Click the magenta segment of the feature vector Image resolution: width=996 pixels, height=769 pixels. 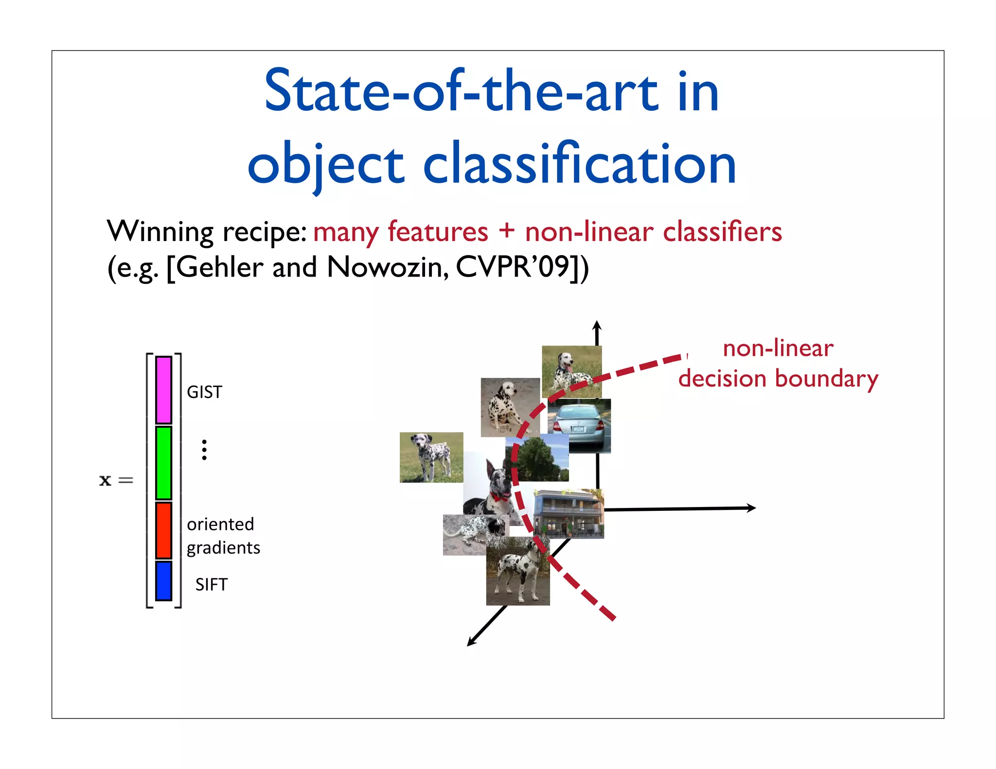(163, 390)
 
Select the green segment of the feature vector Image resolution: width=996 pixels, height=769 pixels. (163, 463)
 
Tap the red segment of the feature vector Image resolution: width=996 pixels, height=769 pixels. (163, 530)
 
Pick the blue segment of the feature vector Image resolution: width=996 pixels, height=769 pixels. (163, 581)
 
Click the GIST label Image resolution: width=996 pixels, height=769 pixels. (204, 392)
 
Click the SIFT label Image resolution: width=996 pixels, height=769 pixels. (211, 585)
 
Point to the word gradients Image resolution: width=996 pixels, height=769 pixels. (223, 548)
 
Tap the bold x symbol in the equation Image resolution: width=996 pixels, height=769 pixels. (105, 480)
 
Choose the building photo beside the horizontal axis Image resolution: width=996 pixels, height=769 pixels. (568, 514)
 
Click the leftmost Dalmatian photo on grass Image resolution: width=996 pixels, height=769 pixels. (431, 457)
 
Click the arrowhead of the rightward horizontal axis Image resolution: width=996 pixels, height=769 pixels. (751, 508)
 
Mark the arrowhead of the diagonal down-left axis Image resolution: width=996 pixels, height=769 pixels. (471, 642)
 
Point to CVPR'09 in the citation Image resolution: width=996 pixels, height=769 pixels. (513, 267)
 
